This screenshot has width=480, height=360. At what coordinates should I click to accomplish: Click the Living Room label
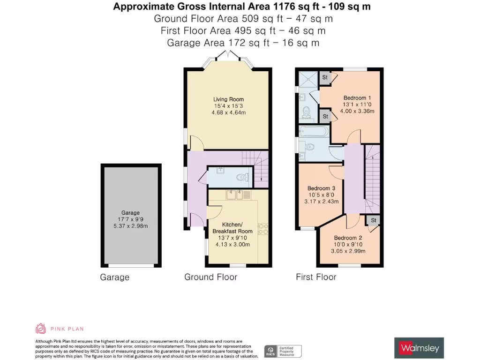[228, 99]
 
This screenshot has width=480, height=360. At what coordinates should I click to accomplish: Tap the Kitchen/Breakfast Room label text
[232, 228]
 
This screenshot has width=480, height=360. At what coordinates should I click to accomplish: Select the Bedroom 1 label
[360, 97]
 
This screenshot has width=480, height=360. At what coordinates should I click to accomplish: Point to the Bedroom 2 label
[348, 237]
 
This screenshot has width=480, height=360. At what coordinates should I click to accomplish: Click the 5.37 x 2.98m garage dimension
[131, 226]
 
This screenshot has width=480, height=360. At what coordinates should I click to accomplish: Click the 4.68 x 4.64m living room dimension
[228, 113]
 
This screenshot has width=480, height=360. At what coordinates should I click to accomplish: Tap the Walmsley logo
[419, 348]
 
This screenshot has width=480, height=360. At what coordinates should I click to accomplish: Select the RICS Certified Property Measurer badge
[283, 351]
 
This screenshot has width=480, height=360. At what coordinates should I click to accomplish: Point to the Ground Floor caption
[210, 277]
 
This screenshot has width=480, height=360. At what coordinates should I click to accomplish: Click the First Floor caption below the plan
[316, 277]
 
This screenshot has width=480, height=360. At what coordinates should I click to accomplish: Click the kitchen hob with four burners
[263, 228]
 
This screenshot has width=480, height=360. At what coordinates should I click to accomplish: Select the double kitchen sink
[235, 194]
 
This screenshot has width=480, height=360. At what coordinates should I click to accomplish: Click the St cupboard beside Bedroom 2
[374, 220]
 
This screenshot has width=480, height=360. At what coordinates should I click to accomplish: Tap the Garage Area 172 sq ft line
[243, 43]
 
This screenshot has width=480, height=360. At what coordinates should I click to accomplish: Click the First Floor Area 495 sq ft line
[243, 31]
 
